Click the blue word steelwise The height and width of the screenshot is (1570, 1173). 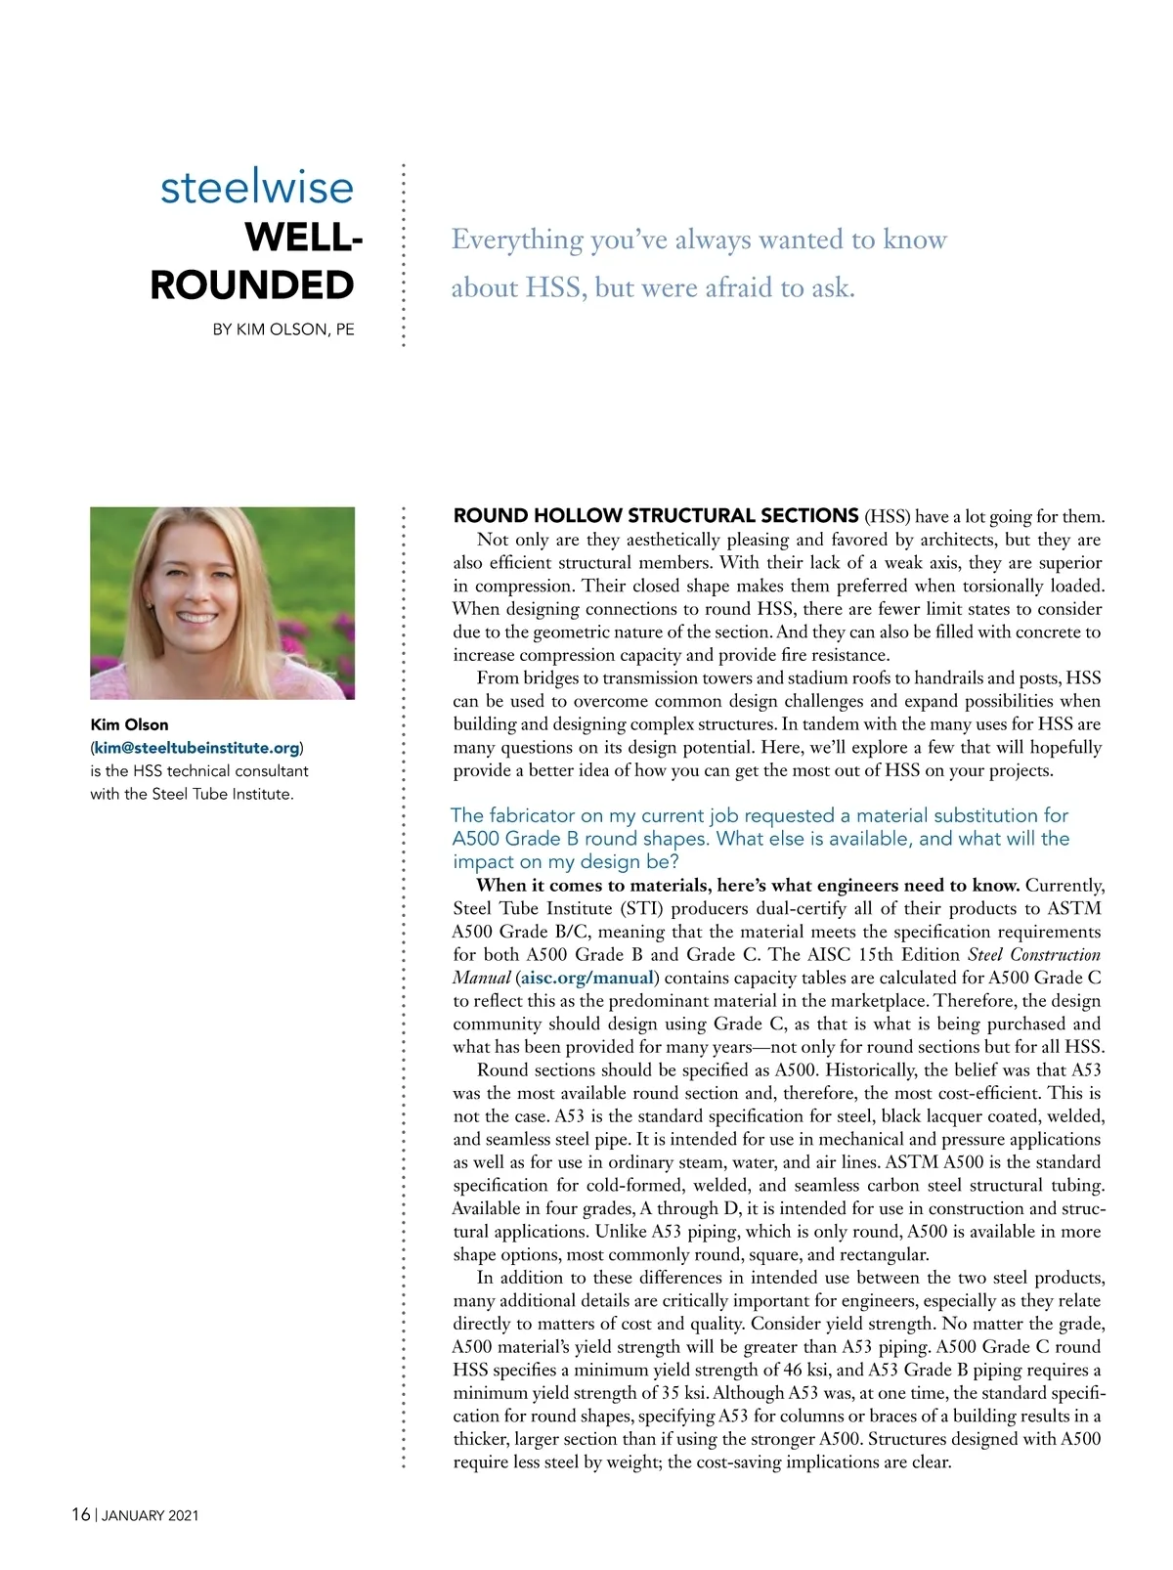256,187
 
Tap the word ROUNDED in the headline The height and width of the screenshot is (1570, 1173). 252,285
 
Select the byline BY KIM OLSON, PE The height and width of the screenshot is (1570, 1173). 283,329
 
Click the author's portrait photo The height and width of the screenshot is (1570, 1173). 223,602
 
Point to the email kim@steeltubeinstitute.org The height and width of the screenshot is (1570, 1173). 196,748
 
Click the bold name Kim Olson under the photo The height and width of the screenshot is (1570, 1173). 129,724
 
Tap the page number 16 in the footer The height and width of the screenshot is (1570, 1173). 80,1514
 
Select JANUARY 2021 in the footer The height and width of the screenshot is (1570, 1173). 151,1515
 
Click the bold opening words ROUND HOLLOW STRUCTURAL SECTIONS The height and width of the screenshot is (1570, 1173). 656,515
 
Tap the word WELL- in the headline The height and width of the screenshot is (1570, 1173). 303,238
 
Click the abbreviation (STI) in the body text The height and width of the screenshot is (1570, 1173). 642,908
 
